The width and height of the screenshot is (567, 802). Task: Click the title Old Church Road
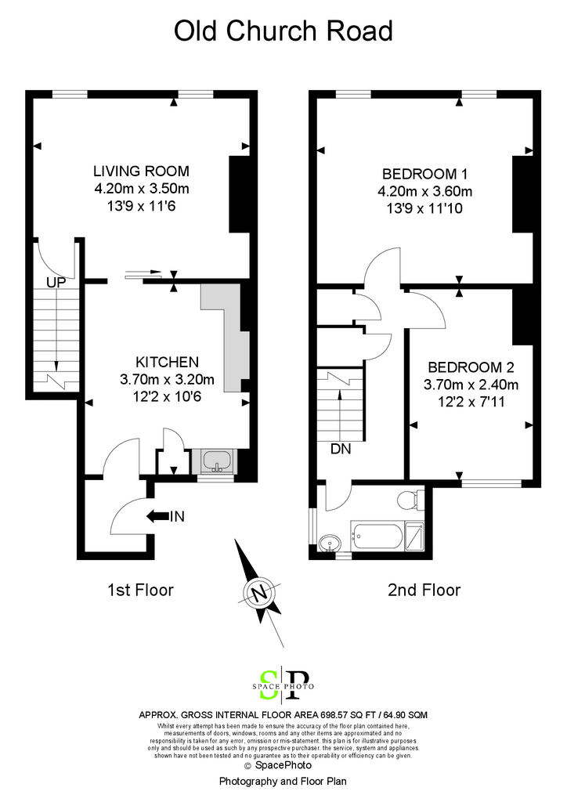tap(283, 31)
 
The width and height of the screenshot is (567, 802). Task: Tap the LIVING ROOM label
tap(141, 171)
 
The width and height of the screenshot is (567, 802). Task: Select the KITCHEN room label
tap(167, 362)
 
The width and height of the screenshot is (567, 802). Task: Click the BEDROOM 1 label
tap(425, 175)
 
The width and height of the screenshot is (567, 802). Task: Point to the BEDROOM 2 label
tap(471, 367)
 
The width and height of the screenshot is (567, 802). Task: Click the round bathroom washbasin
tap(329, 543)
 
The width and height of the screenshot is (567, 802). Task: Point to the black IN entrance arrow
tap(158, 516)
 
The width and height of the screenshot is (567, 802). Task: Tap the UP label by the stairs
tap(56, 282)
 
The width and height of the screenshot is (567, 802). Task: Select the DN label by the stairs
tap(341, 449)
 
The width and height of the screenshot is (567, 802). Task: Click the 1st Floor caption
tap(141, 591)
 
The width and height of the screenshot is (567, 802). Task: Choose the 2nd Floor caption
tap(424, 591)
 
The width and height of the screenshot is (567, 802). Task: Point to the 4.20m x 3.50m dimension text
tap(142, 189)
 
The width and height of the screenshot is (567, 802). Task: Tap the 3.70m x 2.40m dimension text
tap(471, 385)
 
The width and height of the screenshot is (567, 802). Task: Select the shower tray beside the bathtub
tap(414, 536)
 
